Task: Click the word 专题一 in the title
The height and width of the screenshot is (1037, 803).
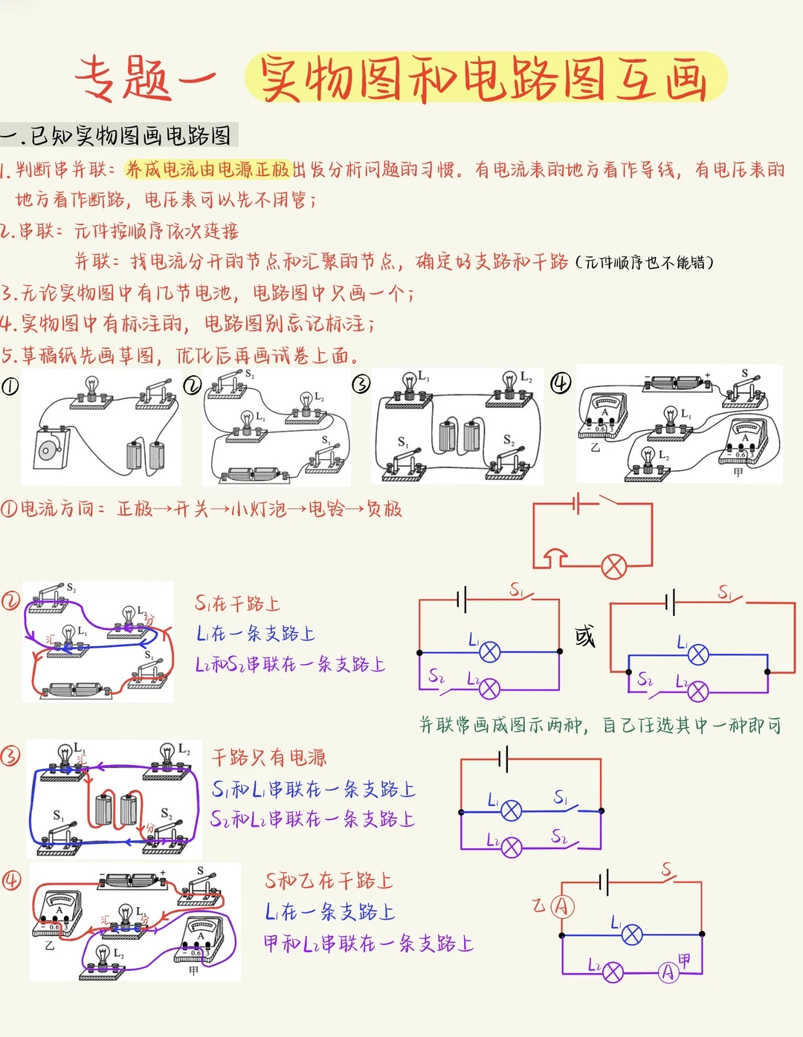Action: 146,79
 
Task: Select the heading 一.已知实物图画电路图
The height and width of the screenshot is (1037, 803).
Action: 116,135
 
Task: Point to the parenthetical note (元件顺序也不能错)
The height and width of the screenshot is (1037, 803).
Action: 645,262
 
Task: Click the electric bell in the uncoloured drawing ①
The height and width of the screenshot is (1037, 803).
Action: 51,448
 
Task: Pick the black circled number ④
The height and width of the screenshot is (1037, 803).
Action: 561,383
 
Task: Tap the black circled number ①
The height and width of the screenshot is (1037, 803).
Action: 10,386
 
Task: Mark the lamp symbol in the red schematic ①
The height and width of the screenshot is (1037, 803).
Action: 614,567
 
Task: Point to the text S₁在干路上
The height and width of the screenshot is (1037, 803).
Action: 237,603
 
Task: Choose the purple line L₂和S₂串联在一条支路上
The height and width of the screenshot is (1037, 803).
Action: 291,664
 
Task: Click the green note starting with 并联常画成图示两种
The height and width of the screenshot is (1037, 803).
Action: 600,725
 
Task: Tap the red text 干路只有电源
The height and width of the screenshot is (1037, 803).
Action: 269,758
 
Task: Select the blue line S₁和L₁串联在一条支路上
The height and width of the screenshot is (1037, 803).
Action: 313,790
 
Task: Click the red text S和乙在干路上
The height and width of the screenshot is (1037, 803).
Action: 329,880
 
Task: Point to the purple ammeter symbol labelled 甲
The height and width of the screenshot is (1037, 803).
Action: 668,972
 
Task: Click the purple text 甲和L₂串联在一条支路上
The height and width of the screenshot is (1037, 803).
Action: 368,943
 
